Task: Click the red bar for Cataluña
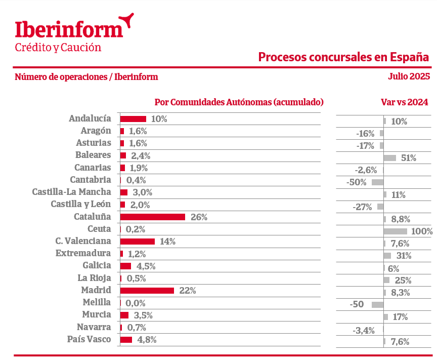[x=152, y=217]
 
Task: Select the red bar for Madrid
[x=147, y=291]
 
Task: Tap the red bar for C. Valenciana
[x=137, y=242]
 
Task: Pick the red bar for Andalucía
[x=133, y=119]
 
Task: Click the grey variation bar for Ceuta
[x=395, y=231]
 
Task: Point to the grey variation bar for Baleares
[x=389, y=158]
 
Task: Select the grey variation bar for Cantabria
[x=377, y=182]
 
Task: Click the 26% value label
[x=199, y=217]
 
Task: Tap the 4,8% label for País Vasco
[x=147, y=340]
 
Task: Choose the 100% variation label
[x=422, y=231]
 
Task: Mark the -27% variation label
[x=362, y=207]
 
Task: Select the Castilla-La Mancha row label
[x=71, y=192]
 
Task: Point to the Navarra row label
[x=94, y=327]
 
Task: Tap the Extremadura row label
[x=83, y=253]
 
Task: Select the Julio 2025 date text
[x=409, y=77]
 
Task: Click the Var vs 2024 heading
[x=404, y=102]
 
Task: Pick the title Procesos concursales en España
[x=343, y=57]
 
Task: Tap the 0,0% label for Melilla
[x=136, y=303]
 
